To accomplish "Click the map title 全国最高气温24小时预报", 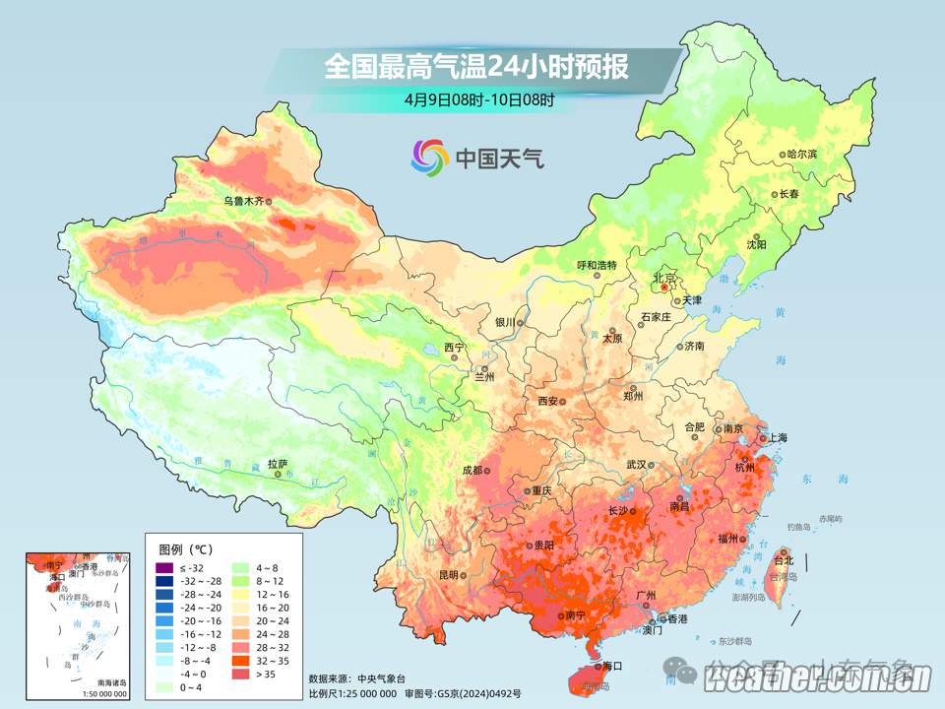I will point(476,67).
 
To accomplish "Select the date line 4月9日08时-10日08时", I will point(478,99).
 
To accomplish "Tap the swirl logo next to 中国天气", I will point(429,156).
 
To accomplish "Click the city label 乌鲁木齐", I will point(242,201).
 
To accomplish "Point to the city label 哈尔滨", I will point(802,155).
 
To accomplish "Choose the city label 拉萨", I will point(278,463).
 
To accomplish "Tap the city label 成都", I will point(472,470).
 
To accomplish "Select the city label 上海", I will point(776,437).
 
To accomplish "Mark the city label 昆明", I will point(449,575).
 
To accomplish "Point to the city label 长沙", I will point(618,510).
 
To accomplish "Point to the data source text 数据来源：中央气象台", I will point(356,678).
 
